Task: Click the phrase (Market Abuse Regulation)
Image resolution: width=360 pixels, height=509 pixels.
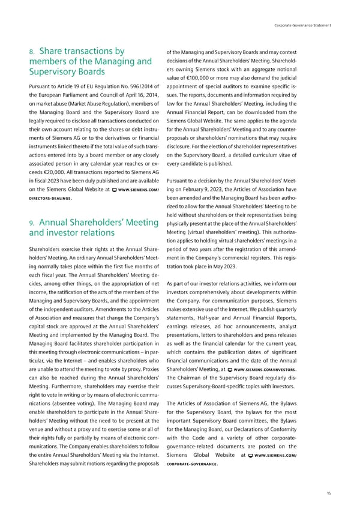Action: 77,104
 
